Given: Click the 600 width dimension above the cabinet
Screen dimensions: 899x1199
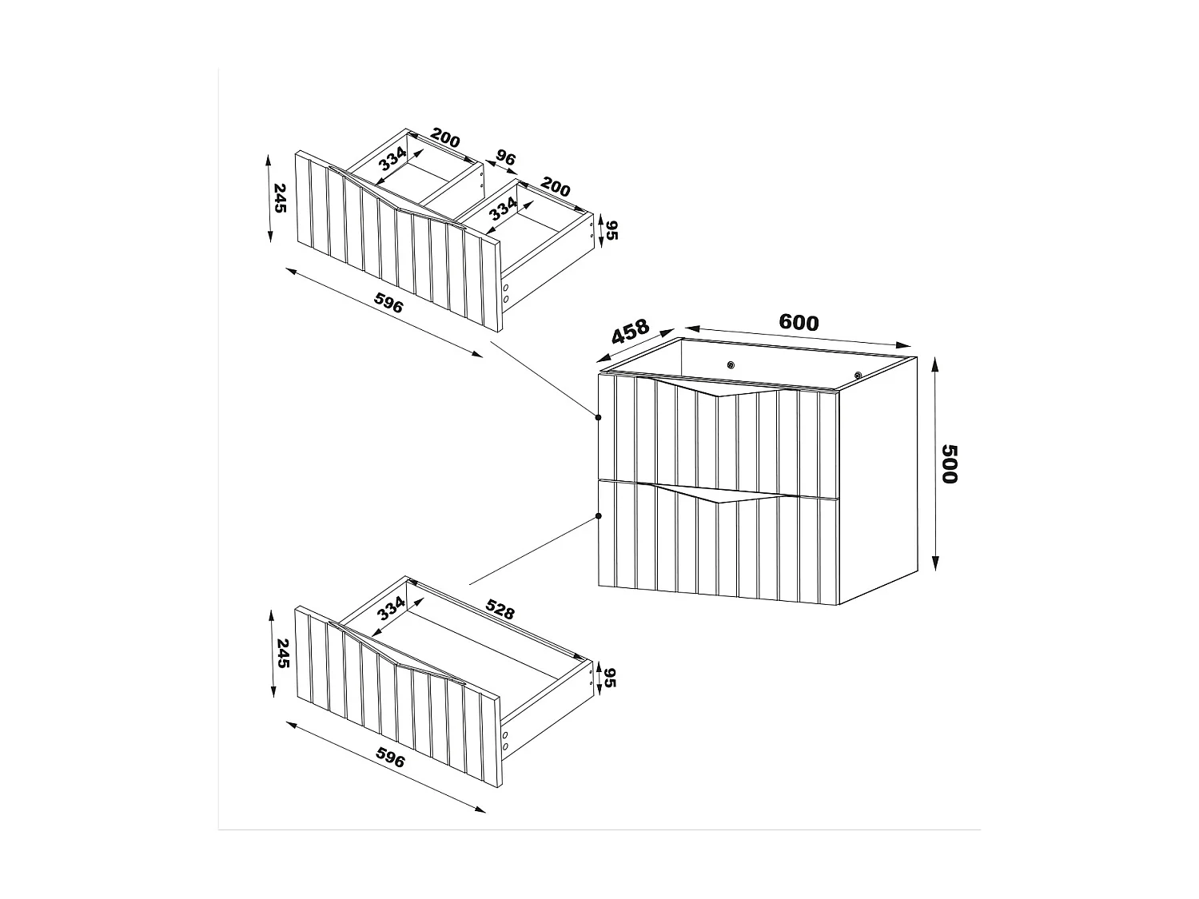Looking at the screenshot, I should coord(799,323).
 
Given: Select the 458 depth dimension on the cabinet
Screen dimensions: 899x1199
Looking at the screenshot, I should coord(630,333).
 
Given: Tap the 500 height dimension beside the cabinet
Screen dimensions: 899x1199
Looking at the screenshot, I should coord(949,463).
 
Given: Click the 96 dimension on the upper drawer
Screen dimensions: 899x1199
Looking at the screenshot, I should coord(505,158).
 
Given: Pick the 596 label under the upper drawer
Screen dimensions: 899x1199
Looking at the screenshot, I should coord(390,305).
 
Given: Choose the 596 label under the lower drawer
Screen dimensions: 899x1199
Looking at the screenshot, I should coord(390,760).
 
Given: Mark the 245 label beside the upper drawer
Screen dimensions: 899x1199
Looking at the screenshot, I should coord(279,198).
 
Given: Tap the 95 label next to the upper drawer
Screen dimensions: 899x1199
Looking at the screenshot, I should coord(612,230).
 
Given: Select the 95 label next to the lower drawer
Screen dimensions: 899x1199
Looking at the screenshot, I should coord(612,677).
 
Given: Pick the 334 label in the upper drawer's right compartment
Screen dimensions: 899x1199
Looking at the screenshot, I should coord(503,210).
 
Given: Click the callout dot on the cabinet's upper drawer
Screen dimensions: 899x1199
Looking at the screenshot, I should coord(598,417).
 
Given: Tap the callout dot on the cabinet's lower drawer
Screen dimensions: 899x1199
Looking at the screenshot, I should coord(598,516).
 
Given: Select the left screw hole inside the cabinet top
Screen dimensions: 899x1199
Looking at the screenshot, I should coord(730,364).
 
